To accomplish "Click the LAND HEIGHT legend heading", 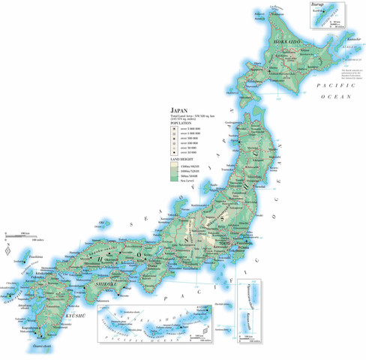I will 181,159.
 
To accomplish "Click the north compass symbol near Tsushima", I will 7,252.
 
